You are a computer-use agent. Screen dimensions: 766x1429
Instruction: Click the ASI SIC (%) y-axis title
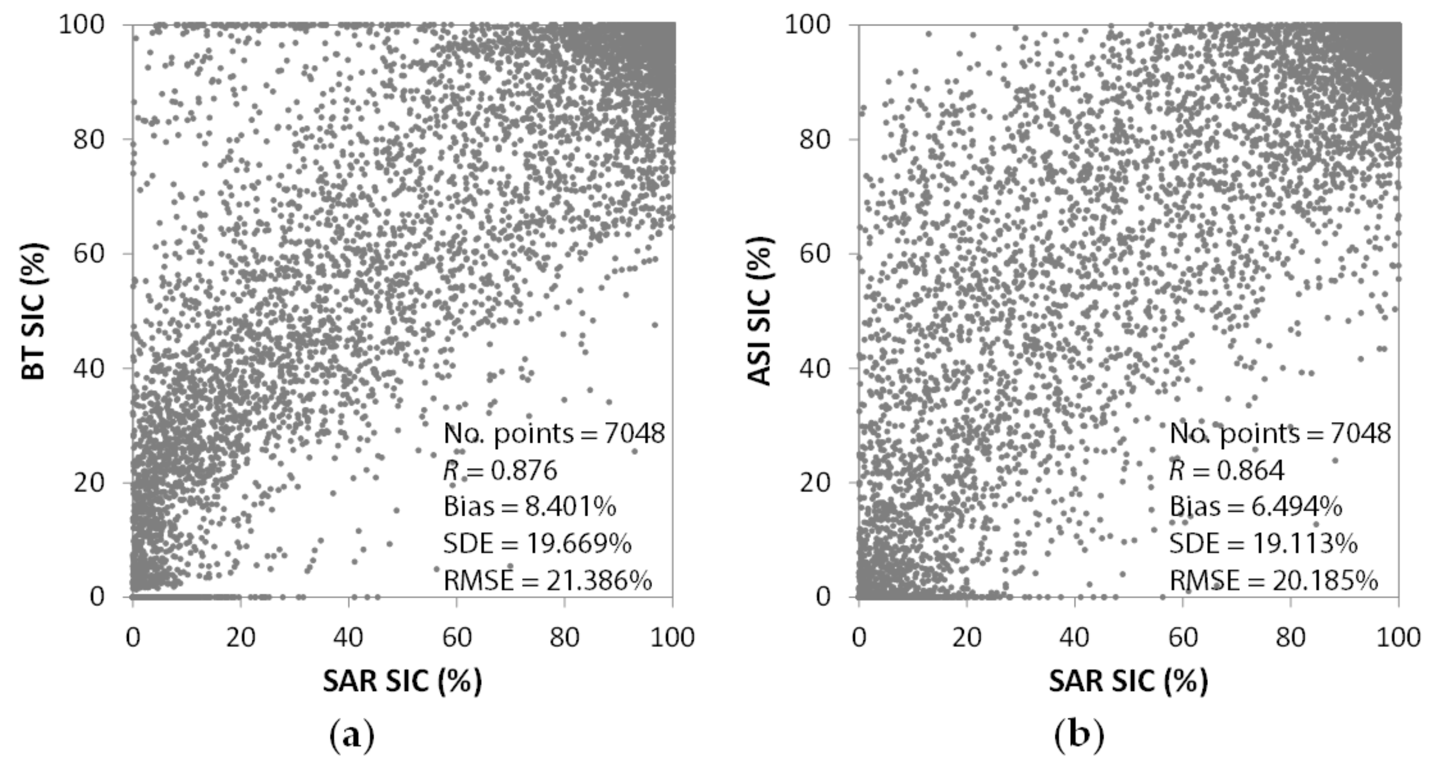tap(761, 311)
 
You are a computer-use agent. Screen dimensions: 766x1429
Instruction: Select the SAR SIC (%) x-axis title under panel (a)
tap(402, 680)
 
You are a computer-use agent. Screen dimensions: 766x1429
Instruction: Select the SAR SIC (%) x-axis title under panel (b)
tap(1128, 680)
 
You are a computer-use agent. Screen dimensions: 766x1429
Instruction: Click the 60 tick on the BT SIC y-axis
tap(89, 253)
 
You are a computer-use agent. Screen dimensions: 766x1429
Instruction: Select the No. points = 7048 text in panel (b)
tap(1280, 433)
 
